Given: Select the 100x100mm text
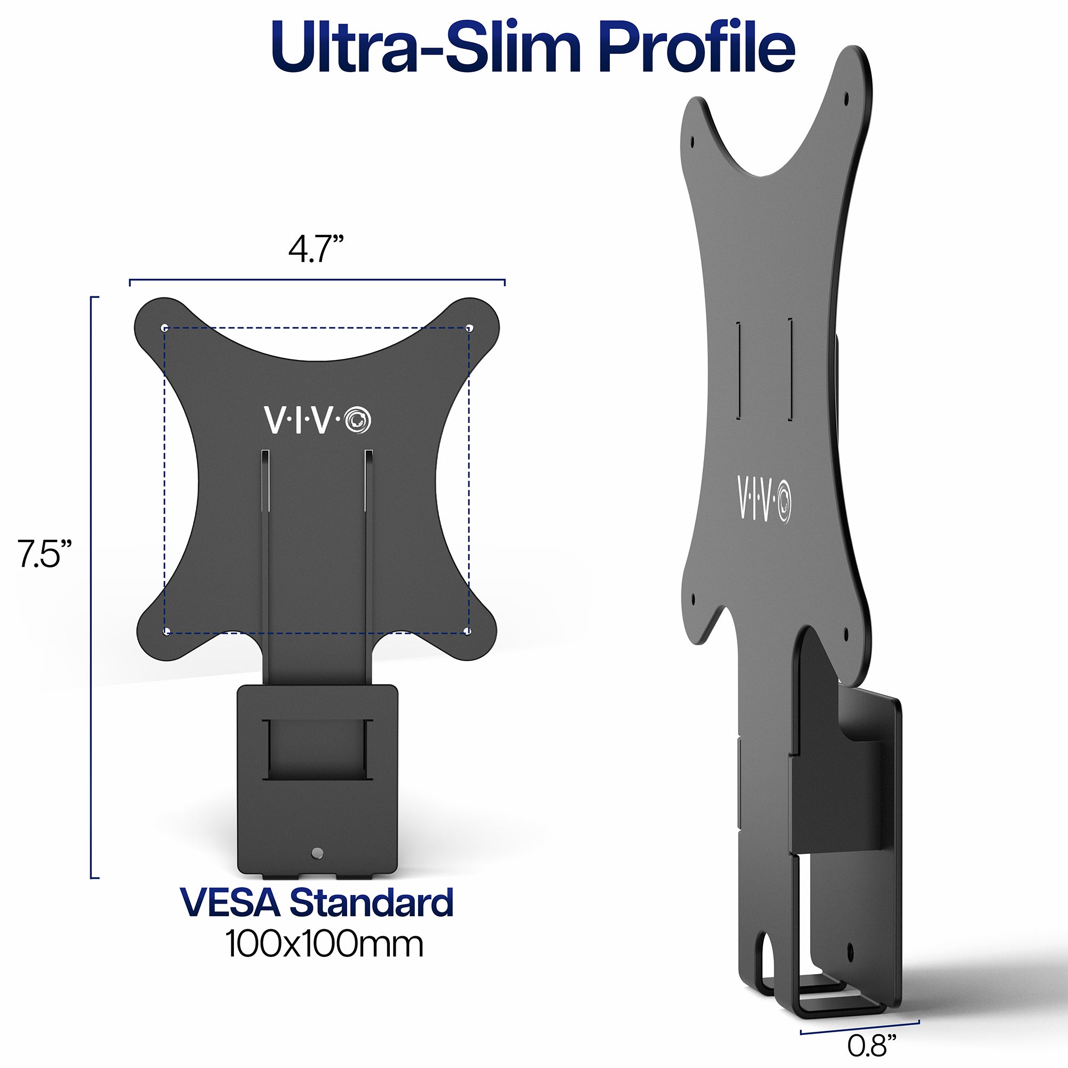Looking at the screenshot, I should point(324,945).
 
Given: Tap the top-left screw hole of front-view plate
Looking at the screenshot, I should point(164,328).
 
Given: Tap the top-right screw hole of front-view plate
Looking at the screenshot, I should point(469,328).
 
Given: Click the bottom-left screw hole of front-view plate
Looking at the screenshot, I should point(166,631).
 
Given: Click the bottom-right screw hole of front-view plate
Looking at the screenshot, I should point(468,631).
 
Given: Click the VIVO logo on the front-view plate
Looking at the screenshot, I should point(317,421).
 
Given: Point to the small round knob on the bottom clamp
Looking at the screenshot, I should point(317,853).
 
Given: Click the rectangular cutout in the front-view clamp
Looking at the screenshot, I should point(317,750).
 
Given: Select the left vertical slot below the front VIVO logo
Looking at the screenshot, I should point(265,481).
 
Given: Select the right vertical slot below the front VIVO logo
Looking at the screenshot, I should point(368,481).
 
